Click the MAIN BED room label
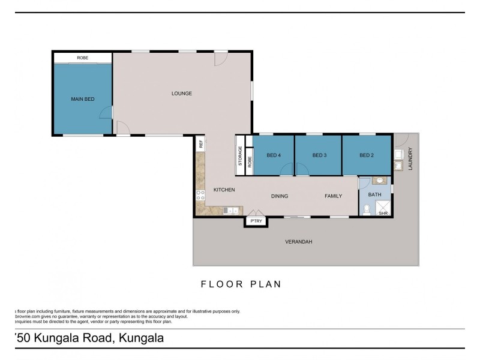[83, 99]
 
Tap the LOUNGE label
[181, 93]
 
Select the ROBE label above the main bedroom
[83, 58]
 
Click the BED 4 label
[274, 155]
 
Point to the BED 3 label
[319, 155]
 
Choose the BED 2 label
[367, 155]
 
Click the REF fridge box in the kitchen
[201, 144]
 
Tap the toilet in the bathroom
[367, 209]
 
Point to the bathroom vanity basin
[378, 180]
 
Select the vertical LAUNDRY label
[411, 159]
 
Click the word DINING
[280, 196]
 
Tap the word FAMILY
[333, 196]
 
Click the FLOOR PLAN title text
[241, 284]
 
